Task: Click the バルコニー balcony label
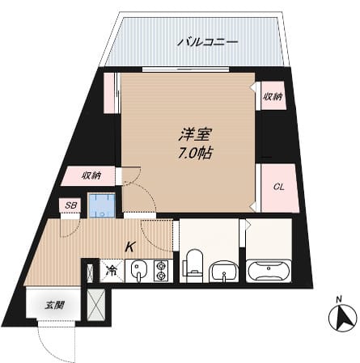pyautogui.click(x=207, y=40)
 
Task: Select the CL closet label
pyautogui.click(x=277, y=188)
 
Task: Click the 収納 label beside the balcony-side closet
pyautogui.click(x=272, y=96)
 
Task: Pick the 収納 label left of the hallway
pyautogui.click(x=91, y=175)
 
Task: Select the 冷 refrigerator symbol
pyautogui.click(x=112, y=269)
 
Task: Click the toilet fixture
pyautogui.click(x=193, y=265)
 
